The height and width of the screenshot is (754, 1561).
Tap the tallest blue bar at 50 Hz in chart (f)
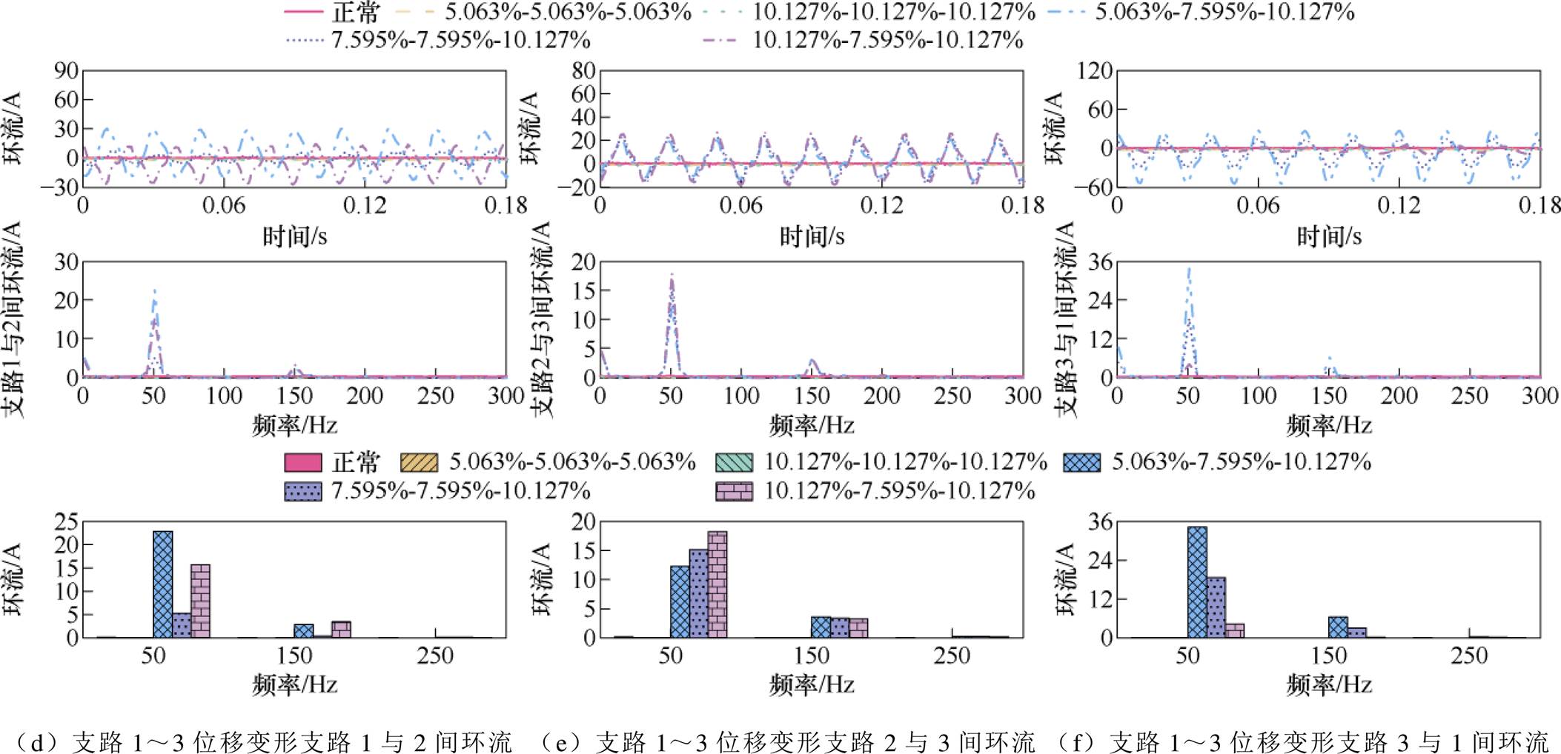tap(1196, 581)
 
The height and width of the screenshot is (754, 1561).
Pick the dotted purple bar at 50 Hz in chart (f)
tap(1216, 607)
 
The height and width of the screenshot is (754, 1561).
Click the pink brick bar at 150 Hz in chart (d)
tap(341, 629)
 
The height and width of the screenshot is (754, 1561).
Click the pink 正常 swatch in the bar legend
tap(303, 463)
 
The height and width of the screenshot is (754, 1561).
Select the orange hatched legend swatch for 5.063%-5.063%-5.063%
tap(419, 463)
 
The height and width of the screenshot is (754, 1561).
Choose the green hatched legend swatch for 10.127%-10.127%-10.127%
tap(734, 463)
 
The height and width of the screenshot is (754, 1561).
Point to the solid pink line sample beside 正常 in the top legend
tap(304, 12)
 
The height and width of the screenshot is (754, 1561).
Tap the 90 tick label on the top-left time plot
tap(65, 71)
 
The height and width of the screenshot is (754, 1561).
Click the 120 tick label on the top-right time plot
tap(1094, 71)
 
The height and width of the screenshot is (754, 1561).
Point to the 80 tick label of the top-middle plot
tap(583, 71)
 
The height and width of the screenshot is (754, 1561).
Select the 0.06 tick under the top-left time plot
tap(223, 205)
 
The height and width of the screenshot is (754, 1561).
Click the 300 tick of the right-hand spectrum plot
tap(1540, 396)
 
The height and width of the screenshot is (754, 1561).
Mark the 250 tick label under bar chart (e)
tap(952, 655)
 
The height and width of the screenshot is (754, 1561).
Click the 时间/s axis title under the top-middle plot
tap(812, 236)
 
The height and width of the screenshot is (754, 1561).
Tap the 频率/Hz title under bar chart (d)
tap(294, 684)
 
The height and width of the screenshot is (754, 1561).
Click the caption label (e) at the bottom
tap(560, 741)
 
